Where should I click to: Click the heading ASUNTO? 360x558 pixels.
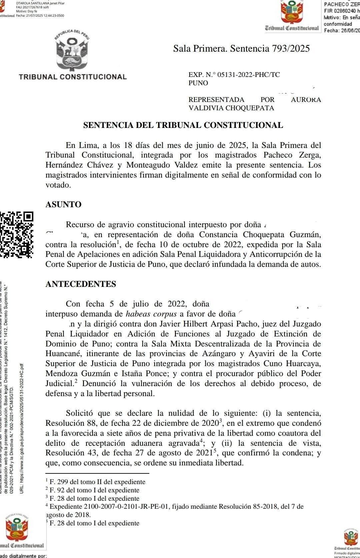63,205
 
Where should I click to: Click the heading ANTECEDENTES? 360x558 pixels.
81,284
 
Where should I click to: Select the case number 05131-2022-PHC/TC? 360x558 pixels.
249,75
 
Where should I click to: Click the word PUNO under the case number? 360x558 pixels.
198,83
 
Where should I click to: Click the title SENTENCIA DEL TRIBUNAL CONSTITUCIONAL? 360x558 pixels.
183,125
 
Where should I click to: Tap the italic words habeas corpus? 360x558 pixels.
151,314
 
